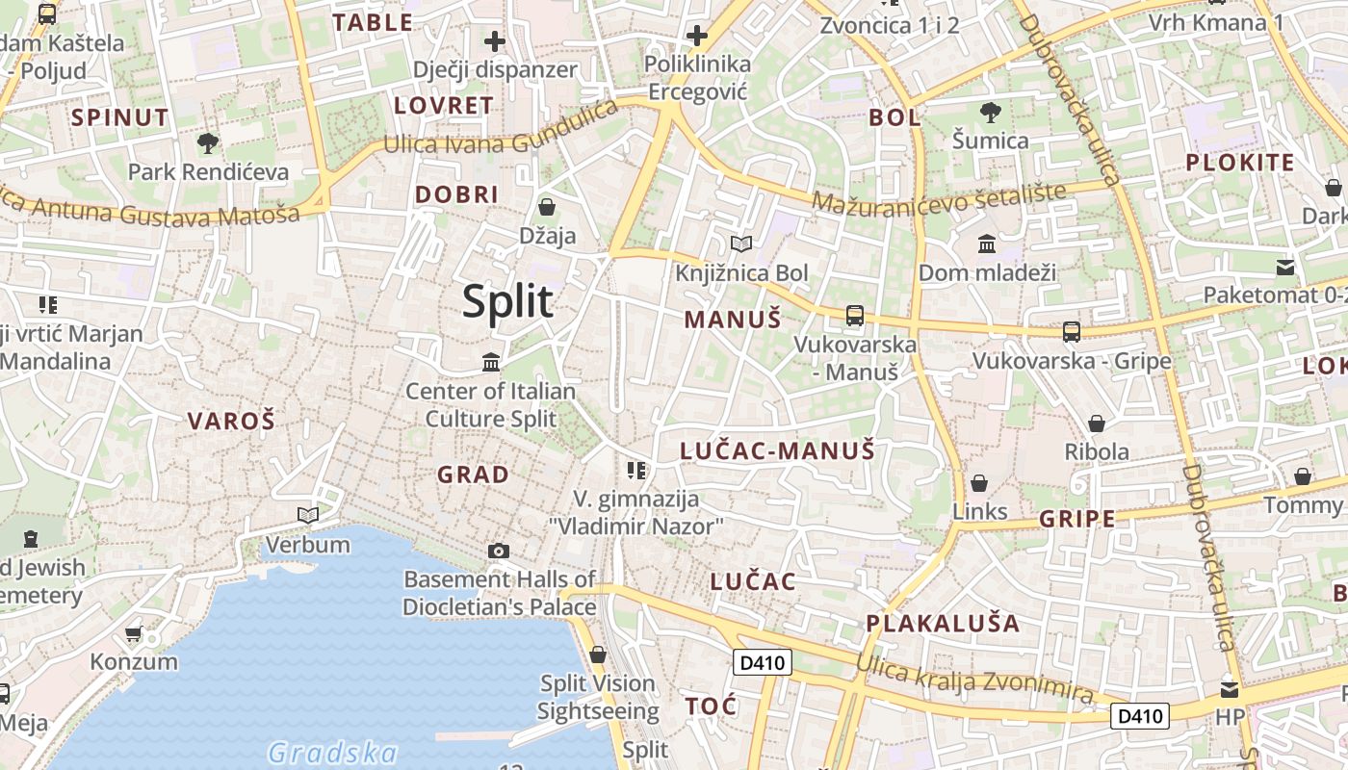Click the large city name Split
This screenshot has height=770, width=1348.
click(507, 301)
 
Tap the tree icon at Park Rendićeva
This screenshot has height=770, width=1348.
click(207, 144)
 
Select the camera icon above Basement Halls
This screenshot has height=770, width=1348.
click(498, 551)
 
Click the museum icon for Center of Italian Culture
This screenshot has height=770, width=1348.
click(491, 363)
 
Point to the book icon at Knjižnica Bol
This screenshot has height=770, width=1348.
click(740, 244)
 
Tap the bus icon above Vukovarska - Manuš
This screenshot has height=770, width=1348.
click(854, 315)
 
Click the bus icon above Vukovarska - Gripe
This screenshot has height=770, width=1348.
click(1071, 332)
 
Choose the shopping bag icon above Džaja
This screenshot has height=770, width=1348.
click(547, 207)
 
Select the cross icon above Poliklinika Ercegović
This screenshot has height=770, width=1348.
click(696, 37)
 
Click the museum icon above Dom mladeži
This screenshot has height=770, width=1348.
click(987, 244)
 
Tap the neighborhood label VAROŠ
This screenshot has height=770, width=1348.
click(231, 421)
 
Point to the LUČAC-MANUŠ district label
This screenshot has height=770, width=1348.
click(777, 450)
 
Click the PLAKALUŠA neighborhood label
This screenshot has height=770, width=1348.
click(943, 623)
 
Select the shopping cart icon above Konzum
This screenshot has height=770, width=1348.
click(134, 633)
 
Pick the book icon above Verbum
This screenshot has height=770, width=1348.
click(308, 516)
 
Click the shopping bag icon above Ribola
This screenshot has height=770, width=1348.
click(1096, 423)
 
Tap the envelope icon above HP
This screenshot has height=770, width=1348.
click(1230, 689)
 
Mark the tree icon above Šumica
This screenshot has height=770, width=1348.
click(990, 113)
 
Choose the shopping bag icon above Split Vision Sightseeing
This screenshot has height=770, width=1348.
click(598, 655)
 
